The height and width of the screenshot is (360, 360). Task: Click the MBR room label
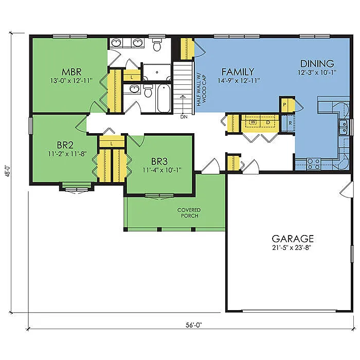(x=70, y=71)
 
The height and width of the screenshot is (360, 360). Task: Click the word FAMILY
(x=237, y=71)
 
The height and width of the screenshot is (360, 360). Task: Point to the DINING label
(x=317, y=64)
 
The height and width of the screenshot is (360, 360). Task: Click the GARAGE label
(x=293, y=239)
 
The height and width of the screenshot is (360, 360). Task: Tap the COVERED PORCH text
(x=189, y=213)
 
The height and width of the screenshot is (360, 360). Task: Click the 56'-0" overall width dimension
(x=192, y=325)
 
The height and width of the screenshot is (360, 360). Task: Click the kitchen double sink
(x=343, y=127)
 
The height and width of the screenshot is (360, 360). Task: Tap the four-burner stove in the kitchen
(x=313, y=164)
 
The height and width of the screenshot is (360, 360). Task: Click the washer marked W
(x=253, y=122)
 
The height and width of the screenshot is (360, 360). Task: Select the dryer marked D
(x=267, y=122)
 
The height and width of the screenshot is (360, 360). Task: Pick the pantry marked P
(x=284, y=105)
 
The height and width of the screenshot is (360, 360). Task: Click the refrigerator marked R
(x=291, y=123)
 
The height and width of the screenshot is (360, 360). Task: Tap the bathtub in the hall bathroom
(x=164, y=99)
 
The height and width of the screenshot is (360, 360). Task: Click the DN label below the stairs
(x=184, y=117)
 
